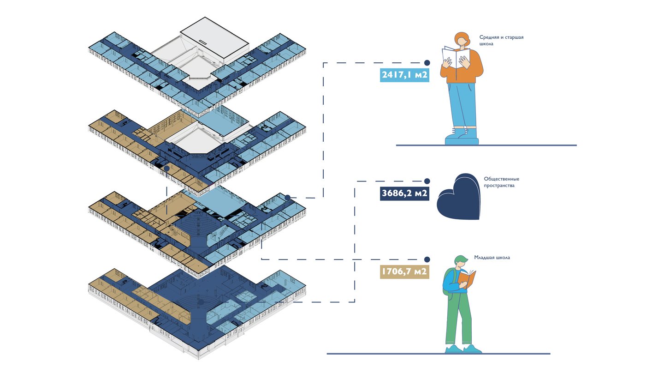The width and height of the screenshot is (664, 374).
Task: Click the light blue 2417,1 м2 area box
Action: pos(404,75)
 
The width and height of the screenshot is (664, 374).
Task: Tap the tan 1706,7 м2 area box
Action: pos(404,271)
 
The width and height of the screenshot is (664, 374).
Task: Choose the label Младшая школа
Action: pos(492,258)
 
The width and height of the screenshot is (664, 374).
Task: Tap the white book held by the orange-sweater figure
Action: pos(456,57)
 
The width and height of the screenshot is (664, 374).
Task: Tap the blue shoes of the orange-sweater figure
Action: pos(461,137)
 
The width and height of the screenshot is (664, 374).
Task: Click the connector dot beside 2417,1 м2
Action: pos(427,62)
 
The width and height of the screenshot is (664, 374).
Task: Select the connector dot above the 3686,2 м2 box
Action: pos(427,181)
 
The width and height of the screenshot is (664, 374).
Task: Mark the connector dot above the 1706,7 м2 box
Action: pos(427,259)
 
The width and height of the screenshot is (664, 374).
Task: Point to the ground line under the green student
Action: pos(438,354)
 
